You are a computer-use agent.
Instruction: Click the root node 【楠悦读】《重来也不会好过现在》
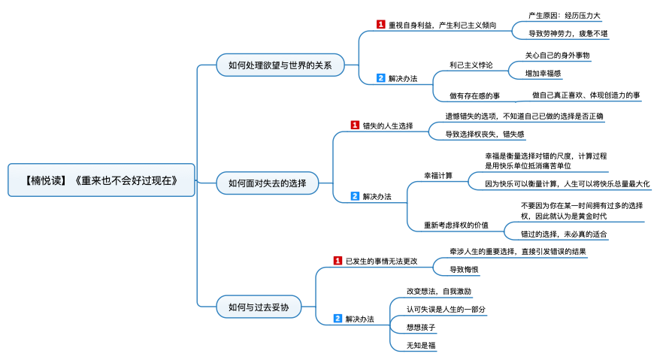101,180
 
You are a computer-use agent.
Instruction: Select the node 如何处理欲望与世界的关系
280,65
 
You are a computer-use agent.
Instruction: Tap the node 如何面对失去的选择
268,183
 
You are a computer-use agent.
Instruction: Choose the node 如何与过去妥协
259,307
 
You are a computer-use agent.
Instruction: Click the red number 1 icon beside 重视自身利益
381,24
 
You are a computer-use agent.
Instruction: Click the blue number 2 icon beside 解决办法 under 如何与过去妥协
338,319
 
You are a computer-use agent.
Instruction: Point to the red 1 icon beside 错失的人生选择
355,125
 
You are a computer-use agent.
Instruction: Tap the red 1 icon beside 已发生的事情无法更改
338,261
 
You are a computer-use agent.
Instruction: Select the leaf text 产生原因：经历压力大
565,16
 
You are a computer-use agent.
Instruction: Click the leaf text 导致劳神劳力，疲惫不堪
568,34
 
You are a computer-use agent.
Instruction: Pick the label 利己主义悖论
471,65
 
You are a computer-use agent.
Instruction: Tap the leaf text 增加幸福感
543,73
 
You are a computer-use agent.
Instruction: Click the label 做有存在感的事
474,95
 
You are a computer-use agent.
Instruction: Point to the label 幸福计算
438,175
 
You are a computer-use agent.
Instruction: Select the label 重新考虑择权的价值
456,225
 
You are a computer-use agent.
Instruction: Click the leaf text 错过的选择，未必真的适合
564,234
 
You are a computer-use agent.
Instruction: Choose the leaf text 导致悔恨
464,270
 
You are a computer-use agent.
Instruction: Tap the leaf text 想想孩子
421,327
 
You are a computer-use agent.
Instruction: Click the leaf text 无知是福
421,345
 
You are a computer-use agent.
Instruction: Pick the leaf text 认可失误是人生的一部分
446,309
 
